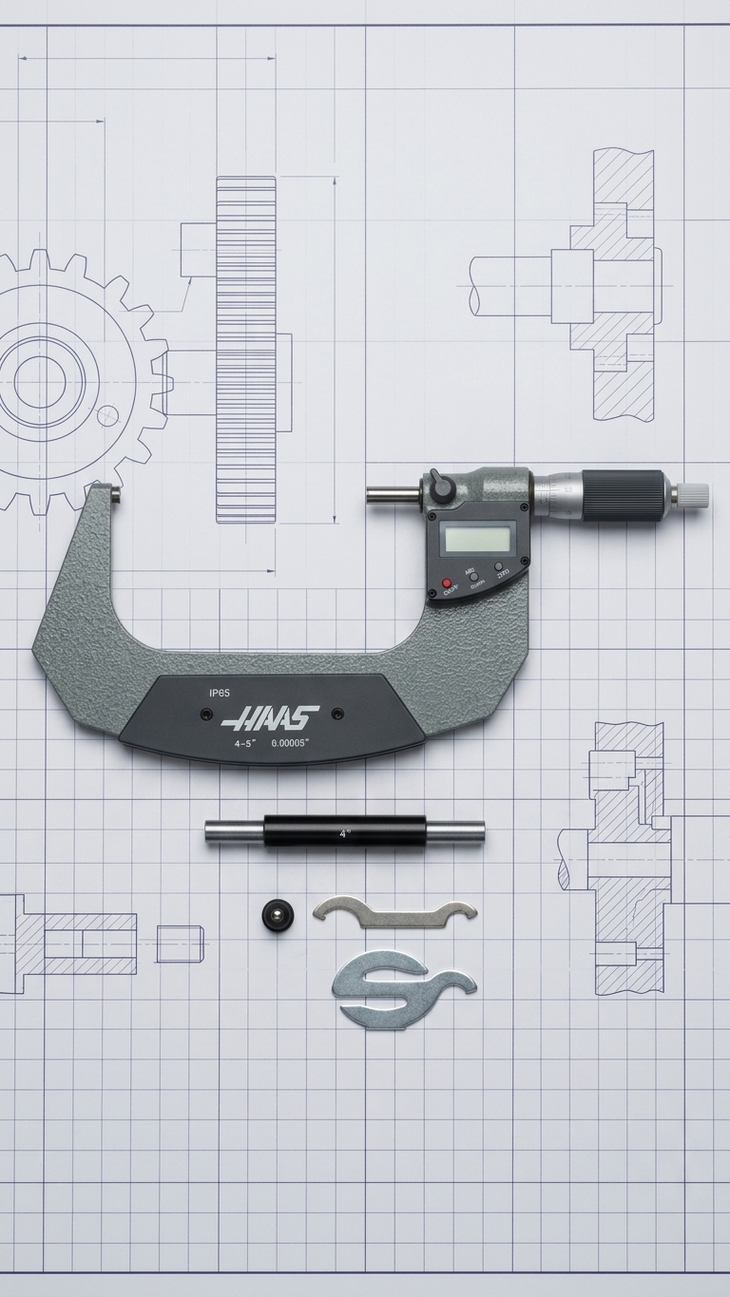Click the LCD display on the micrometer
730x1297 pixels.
click(480, 540)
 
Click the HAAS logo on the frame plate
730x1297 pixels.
click(270, 713)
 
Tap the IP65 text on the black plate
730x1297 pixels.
click(219, 693)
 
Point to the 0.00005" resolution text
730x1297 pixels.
click(290, 742)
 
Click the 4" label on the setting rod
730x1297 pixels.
click(344, 832)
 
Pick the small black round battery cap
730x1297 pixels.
click(276, 914)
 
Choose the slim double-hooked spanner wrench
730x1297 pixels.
click(394, 912)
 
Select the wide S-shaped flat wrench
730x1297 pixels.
click(403, 987)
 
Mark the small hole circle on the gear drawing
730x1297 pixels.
click(108, 414)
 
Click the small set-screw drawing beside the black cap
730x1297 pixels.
click(179, 944)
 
